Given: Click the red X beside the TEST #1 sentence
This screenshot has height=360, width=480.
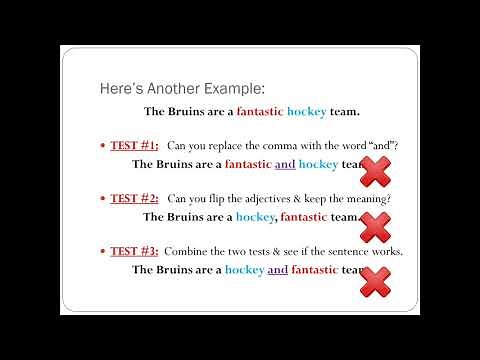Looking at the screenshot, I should [374, 171].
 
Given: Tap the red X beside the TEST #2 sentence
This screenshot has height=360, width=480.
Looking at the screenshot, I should [374, 227].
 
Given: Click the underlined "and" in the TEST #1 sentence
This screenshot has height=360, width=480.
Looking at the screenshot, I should [285, 164].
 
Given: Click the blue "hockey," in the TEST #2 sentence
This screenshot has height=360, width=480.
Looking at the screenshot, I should [256, 216].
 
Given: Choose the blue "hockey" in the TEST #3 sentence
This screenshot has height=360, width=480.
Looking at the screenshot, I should [244, 269].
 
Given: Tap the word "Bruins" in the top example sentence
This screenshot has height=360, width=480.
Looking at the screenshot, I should [189, 112].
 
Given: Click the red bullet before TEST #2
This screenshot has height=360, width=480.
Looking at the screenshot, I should [103, 199].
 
